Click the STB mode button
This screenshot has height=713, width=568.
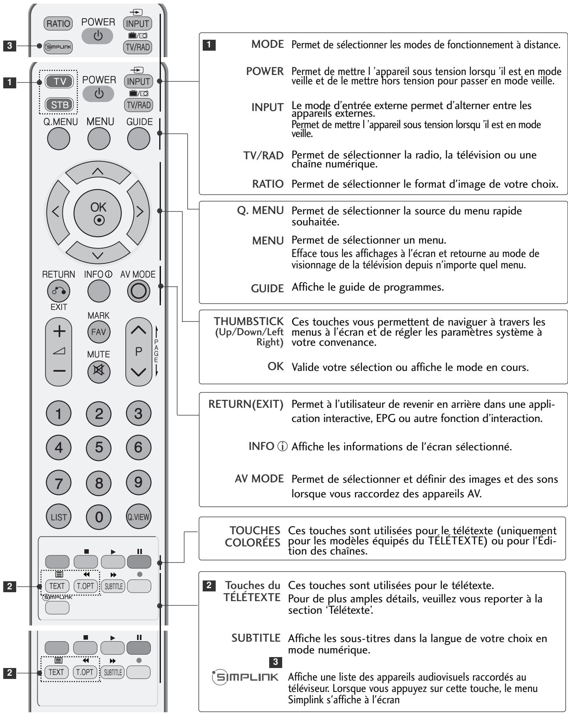coord(60,105)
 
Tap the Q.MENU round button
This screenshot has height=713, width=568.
coord(59,139)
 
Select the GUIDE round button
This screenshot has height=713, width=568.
coord(139,139)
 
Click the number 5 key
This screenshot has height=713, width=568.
coord(99,447)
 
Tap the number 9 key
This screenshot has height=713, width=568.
coord(138,482)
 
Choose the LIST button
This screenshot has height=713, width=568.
coord(59,517)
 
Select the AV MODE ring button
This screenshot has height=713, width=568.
coord(138,291)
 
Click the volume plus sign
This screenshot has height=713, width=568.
coord(59,332)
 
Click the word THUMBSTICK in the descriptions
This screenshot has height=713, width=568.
coord(249,321)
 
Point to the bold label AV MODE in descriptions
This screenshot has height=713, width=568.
coord(259,479)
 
